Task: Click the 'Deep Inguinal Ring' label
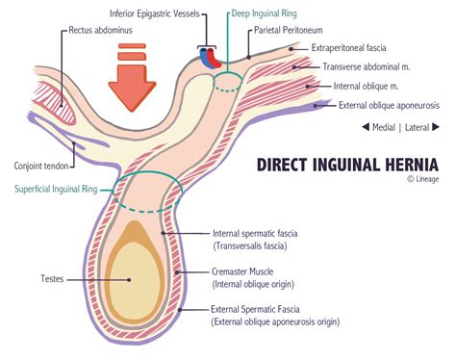pyautogui.click(x=264, y=16)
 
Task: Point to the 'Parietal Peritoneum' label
pyautogui.click(x=292, y=31)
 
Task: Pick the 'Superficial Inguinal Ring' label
pyautogui.click(x=56, y=189)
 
